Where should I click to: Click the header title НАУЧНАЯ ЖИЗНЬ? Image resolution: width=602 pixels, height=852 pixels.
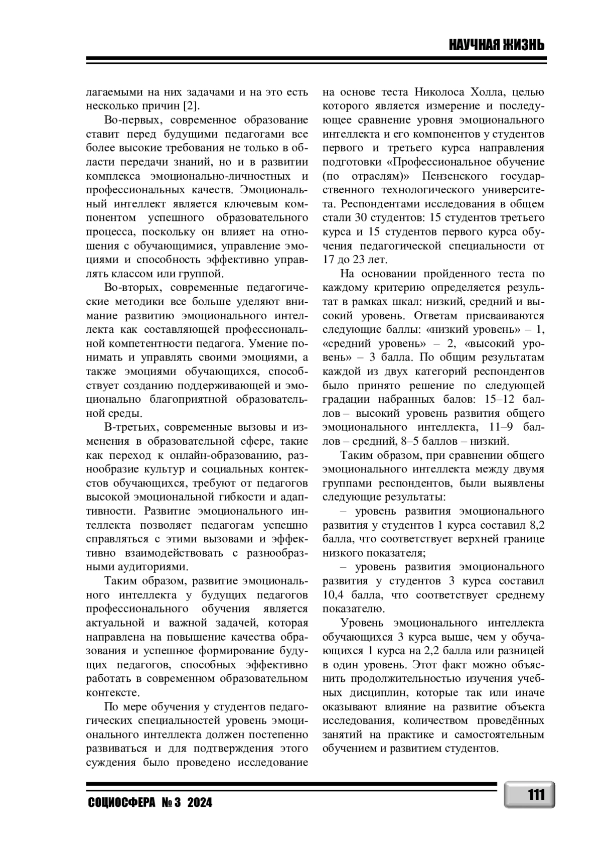pyautogui.click(x=496, y=46)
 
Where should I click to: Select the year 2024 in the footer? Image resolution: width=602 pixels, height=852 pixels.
pyautogui.click(x=200, y=803)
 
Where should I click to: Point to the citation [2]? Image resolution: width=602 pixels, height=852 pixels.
pyautogui.click(x=190, y=106)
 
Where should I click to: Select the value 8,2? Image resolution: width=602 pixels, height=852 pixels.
pyautogui.click(x=537, y=525)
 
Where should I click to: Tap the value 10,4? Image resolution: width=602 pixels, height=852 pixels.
pyautogui.click(x=333, y=595)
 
